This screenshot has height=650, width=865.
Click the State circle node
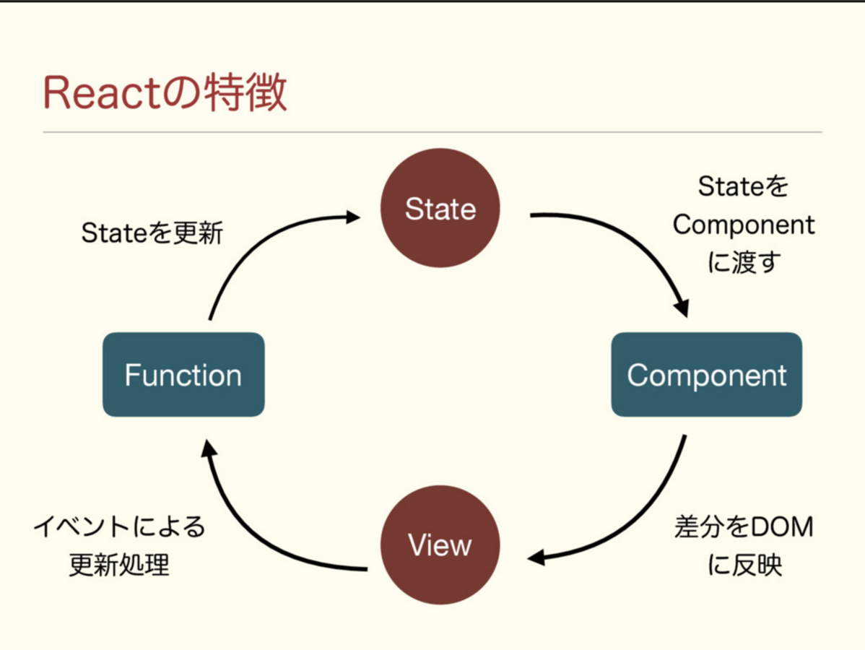coord(440,208)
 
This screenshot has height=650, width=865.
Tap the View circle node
coord(440,545)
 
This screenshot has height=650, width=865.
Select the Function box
coord(183,375)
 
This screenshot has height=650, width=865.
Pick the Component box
coord(706,375)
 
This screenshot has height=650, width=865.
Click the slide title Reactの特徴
coord(165,92)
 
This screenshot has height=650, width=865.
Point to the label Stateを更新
coord(152,233)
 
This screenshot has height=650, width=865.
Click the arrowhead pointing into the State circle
coord(352,216)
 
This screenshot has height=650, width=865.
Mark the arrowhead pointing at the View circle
coord(536,558)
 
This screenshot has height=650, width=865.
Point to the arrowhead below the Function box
coord(209,448)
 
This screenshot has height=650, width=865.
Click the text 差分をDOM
coord(744,527)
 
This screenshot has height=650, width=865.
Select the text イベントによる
coord(119,526)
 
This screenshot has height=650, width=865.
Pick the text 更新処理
coord(119,565)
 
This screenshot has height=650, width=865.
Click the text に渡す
coord(744,263)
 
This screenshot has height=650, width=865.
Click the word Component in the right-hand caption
coord(744,225)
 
